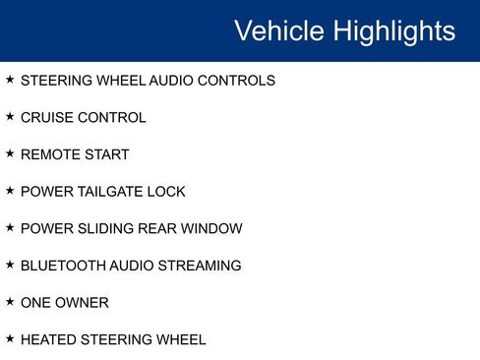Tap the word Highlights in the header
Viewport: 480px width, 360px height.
[x=393, y=30]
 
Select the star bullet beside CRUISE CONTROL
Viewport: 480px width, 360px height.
[x=10, y=117]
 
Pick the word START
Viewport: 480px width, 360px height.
[x=106, y=154]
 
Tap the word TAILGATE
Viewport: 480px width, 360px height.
[x=110, y=192]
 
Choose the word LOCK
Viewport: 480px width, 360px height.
[x=166, y=192]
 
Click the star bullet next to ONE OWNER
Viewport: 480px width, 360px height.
[x=10, y=302]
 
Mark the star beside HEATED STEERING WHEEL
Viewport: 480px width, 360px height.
[x=10, y=339]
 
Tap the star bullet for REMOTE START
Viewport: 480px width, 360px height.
[x=10, y=153]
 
